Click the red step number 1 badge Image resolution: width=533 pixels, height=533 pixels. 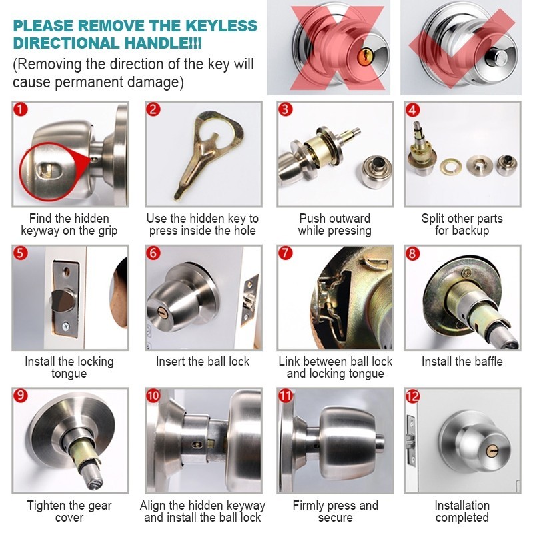click(21, 109)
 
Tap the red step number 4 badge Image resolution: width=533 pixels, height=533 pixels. click(413, 110)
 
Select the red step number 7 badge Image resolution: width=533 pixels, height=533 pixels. click(286, 253)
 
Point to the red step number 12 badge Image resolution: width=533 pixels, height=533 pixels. click(413, 396)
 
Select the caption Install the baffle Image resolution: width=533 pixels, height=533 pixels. click(462, 362)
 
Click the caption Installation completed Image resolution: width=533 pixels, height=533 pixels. click(462, 512)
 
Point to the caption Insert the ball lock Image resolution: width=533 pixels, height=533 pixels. click(203, 362)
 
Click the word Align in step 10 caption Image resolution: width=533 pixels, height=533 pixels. click(153, 506)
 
